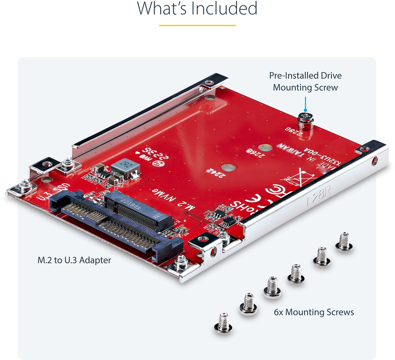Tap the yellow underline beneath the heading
pos(197,25)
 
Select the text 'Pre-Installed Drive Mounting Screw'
pos(305,81)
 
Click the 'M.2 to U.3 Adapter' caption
pos(74,260)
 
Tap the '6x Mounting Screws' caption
pos(313,312)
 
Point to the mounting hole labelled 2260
pos(264,149)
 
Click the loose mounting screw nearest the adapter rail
pos(344,241)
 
